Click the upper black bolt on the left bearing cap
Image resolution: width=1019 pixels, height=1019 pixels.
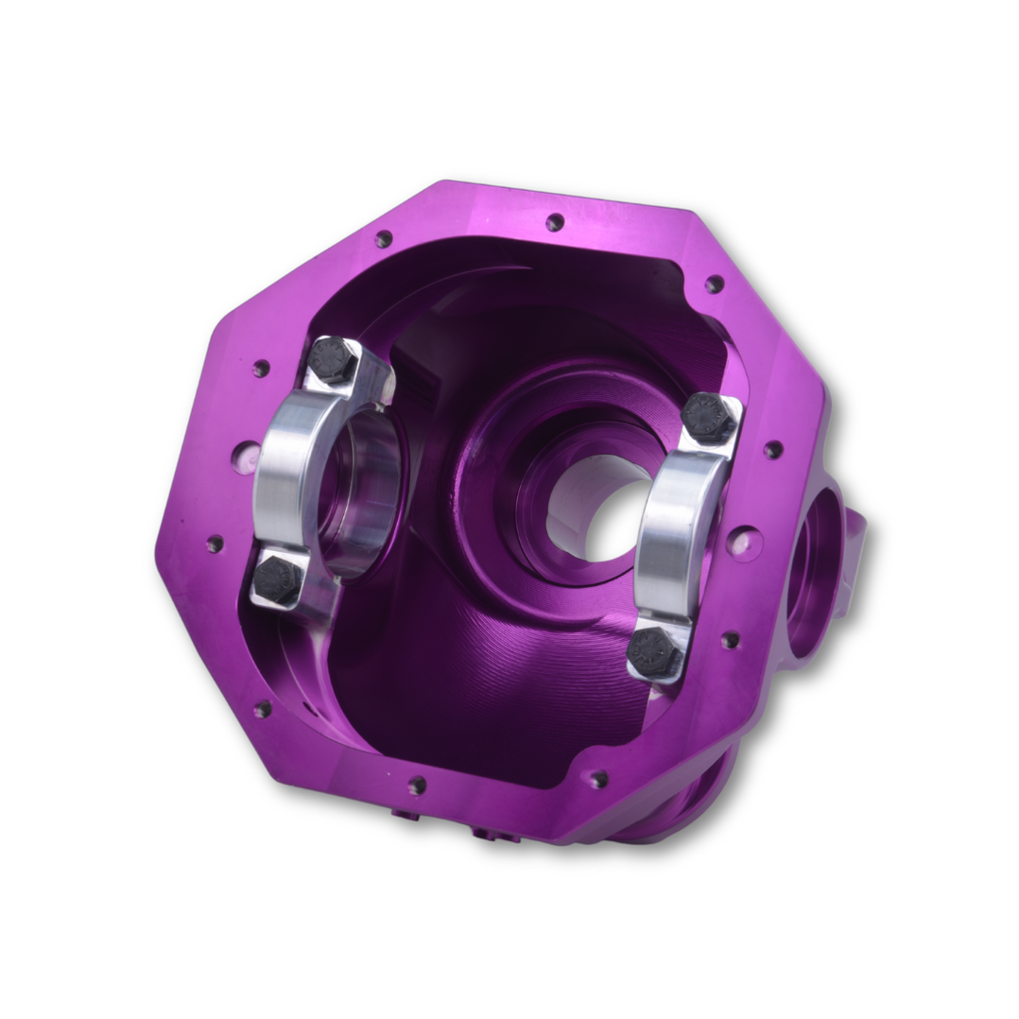[332, 360]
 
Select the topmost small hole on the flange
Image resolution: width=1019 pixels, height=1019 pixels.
[555, 222]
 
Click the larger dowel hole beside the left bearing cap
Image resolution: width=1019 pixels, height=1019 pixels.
[246, 458]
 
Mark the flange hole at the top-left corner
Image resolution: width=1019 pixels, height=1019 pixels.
[383, 239]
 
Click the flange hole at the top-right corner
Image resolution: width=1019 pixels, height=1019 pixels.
[715, 284]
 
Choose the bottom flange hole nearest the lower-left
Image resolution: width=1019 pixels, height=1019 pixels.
[417, 785]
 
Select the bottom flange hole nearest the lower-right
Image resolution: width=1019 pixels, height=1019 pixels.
[597, 780]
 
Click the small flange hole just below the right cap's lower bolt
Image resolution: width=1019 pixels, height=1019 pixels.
[730, 640]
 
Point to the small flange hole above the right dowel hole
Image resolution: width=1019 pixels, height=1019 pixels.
[773, 450]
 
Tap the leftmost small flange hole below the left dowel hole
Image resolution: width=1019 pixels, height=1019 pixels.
[215, 544]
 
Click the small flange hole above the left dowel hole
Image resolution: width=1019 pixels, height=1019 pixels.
[261, 368]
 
